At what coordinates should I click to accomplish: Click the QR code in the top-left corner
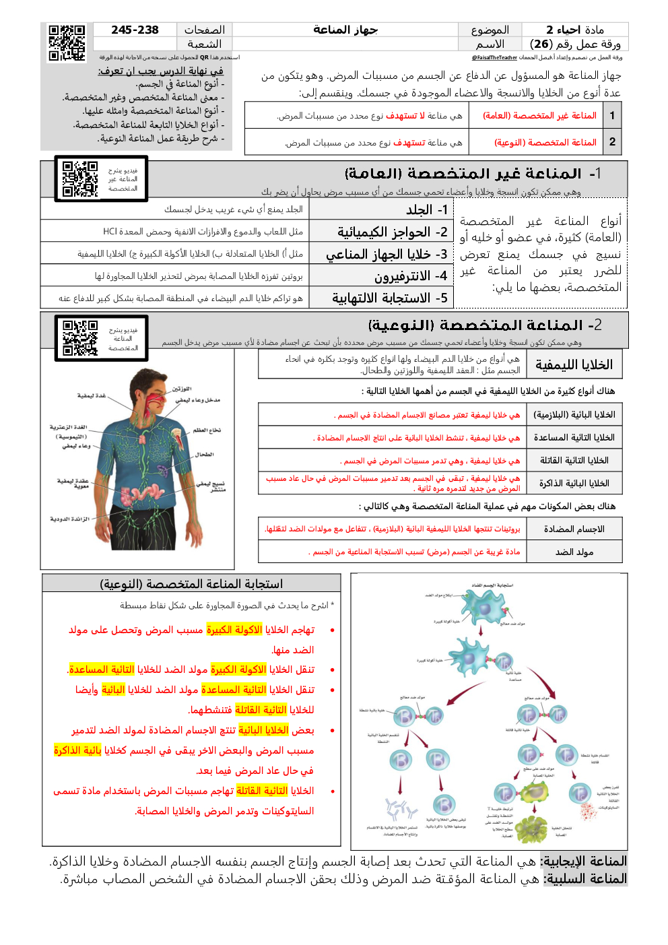(67, 42)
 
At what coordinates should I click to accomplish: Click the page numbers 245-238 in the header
(135, 30)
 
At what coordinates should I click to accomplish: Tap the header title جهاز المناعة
(345, 30)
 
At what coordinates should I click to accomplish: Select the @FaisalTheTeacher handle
(494, 58)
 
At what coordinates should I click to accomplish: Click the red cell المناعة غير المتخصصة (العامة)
(539, 116)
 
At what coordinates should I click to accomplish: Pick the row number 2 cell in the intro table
(612, 142)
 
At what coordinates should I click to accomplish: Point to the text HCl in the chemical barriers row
(110, 232)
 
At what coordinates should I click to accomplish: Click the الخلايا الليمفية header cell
(574, 365)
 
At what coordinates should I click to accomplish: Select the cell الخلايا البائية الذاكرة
(574, 484)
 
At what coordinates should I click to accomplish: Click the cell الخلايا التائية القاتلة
(574, 461)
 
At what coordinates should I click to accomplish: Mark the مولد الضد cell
(574, 552)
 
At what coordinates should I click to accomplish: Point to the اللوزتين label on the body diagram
(182, 389)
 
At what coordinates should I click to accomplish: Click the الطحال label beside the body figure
(205, 455)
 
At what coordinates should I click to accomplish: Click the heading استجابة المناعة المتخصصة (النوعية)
(191, 584)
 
